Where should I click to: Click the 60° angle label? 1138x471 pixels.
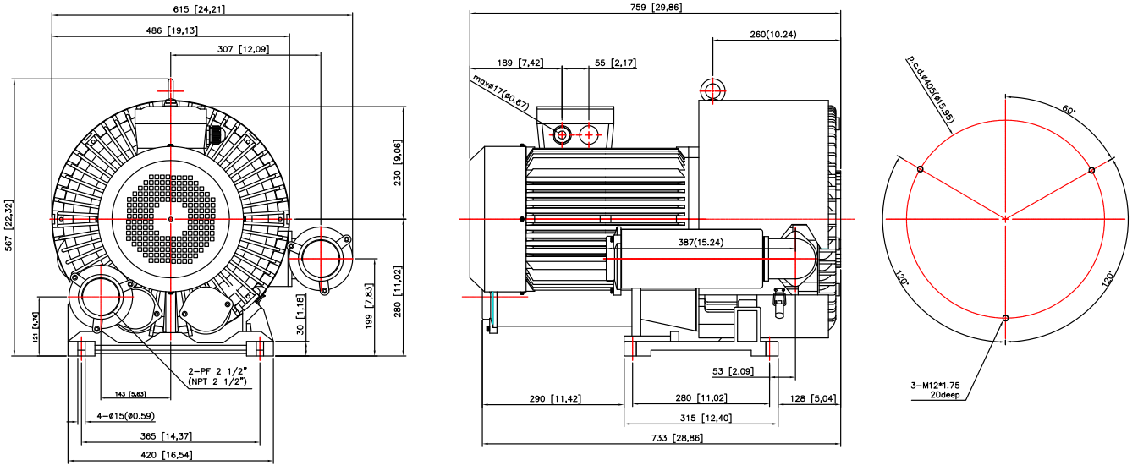[x=1069, y=111]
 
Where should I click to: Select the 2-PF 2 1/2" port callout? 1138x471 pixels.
[x=217, y=371]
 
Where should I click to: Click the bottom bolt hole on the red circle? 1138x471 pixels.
[x=1005, y=318]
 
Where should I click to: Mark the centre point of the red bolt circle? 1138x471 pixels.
[x=1005, y=219]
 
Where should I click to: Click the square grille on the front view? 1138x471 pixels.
[x=170, y=219]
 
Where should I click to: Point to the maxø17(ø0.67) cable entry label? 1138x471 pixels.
[x=501, y=93]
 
